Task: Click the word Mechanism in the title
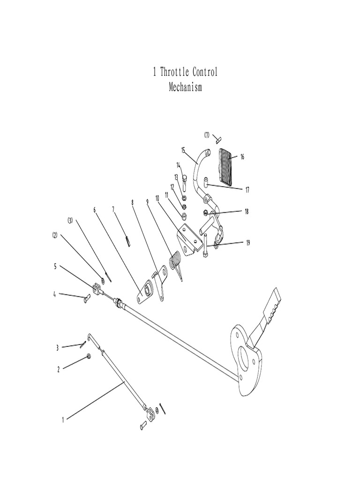coord(185,87)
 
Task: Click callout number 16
coord(242,157)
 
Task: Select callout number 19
coord(247,242)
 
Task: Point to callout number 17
coord(247,190)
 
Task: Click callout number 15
coord(183,150)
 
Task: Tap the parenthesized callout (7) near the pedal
coord(207,135)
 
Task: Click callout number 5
coord(55,266)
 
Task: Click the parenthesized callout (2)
coord(55,236)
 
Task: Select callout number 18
coord(247,211)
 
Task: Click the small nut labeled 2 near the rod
coord(88,358)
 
